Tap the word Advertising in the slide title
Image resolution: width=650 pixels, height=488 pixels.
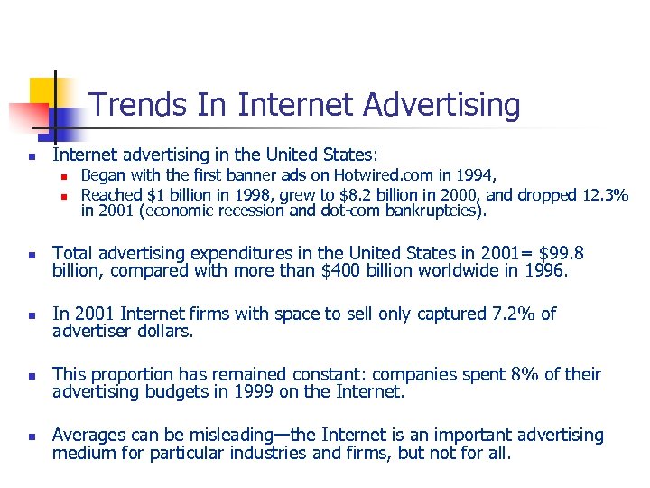click(441, 106)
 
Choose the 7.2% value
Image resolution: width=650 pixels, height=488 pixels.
click(503, 314)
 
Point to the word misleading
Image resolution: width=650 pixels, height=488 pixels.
click(222, 436)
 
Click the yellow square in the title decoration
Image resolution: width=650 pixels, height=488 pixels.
click(42, 91)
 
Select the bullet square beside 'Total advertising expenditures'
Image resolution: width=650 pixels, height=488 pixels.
click(30, 255)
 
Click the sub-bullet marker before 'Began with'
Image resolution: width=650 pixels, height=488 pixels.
click(65, 176)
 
